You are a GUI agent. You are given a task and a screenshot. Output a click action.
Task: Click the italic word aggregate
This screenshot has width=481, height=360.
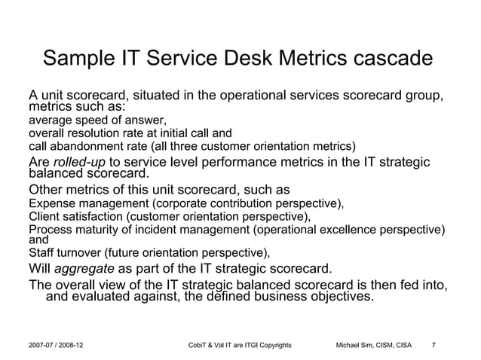[x=85, y=269]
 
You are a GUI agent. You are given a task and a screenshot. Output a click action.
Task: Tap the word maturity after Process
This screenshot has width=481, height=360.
[x=97, y=229]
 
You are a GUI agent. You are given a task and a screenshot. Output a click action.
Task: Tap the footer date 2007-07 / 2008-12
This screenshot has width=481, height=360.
[x=56, y=346]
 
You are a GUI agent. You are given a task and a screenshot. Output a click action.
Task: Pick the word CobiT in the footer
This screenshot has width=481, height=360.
[x=196, y=346]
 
